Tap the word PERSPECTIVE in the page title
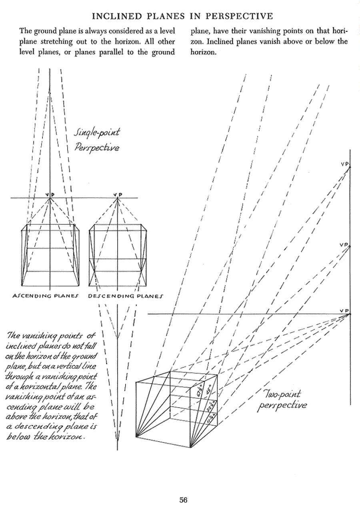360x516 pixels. (x=244, y=16)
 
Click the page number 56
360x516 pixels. (x=184, y=500)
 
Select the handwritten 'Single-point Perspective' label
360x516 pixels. (x=97, y=140)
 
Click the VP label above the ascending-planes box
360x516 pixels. (x=50, y=194)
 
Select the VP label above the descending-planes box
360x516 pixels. (x=117, y=194)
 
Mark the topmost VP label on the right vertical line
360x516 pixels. (x=345, y=164)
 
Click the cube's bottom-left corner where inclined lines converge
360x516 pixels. (x=136, y=435)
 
